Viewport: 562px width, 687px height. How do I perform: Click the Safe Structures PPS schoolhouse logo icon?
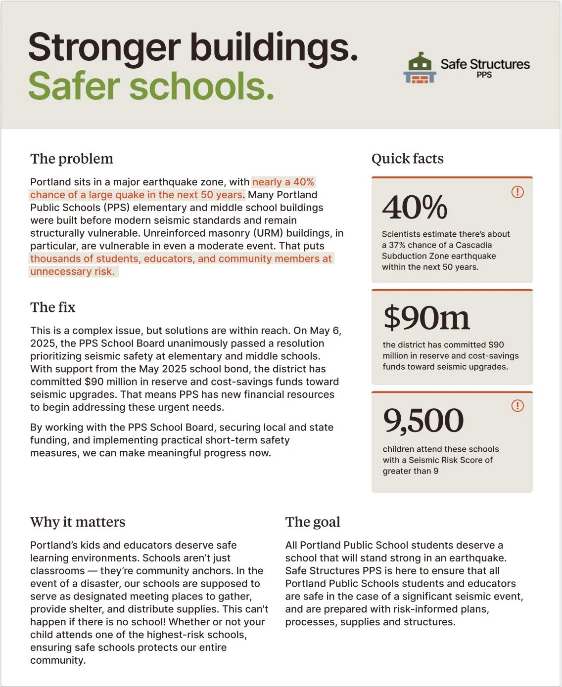[420, 68]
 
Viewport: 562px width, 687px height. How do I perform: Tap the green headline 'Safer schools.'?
[151, 86]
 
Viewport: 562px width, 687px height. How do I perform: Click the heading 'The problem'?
[72, 159]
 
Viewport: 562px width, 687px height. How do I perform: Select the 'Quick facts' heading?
[407, 159]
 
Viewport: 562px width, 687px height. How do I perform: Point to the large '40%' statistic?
[415, 207]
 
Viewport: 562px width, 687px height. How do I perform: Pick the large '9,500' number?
[423, 421]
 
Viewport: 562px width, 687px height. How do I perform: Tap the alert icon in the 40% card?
[517, 192]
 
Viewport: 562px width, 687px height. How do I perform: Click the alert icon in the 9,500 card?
[517, 406]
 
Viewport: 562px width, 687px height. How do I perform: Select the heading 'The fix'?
[53, 307]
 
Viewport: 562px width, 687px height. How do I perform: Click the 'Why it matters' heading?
[78, 522]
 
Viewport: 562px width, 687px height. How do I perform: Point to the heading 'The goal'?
[313, 522]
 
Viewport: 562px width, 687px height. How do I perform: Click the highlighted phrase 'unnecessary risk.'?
[72, 271]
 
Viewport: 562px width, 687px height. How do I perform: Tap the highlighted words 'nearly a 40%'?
[283, 182]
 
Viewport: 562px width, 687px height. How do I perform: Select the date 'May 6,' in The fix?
[325, 331]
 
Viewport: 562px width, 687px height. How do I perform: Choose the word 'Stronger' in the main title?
[104, 47]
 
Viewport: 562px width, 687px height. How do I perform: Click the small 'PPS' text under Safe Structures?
[484, 75]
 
